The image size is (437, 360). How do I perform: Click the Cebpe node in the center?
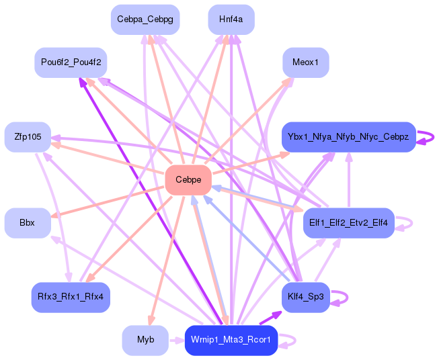[188, 180]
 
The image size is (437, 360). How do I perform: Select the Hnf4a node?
[231, 19]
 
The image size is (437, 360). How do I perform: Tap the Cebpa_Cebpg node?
[145, 19]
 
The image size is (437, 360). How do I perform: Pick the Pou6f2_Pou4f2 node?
[71, 62]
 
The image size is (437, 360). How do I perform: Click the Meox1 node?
[306, 62]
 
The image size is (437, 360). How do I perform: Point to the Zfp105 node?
[28, 137]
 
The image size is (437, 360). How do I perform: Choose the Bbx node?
[28, 223]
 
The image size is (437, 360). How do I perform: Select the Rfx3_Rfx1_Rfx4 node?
[71, 298]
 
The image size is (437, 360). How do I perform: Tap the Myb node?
[145, 341]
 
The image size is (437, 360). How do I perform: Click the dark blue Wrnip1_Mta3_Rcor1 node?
[231, 341]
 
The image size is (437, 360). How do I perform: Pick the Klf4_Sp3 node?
[306, 298]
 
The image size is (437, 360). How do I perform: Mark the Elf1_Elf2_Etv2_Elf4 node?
[349, 223]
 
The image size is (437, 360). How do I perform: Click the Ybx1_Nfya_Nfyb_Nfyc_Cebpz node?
[349, 137]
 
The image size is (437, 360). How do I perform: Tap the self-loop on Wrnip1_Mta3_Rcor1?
[295, 341]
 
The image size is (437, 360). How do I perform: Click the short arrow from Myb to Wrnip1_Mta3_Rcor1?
[177, 341]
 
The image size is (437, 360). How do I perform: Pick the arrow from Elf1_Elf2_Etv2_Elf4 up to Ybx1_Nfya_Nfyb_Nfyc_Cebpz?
[349, 180]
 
